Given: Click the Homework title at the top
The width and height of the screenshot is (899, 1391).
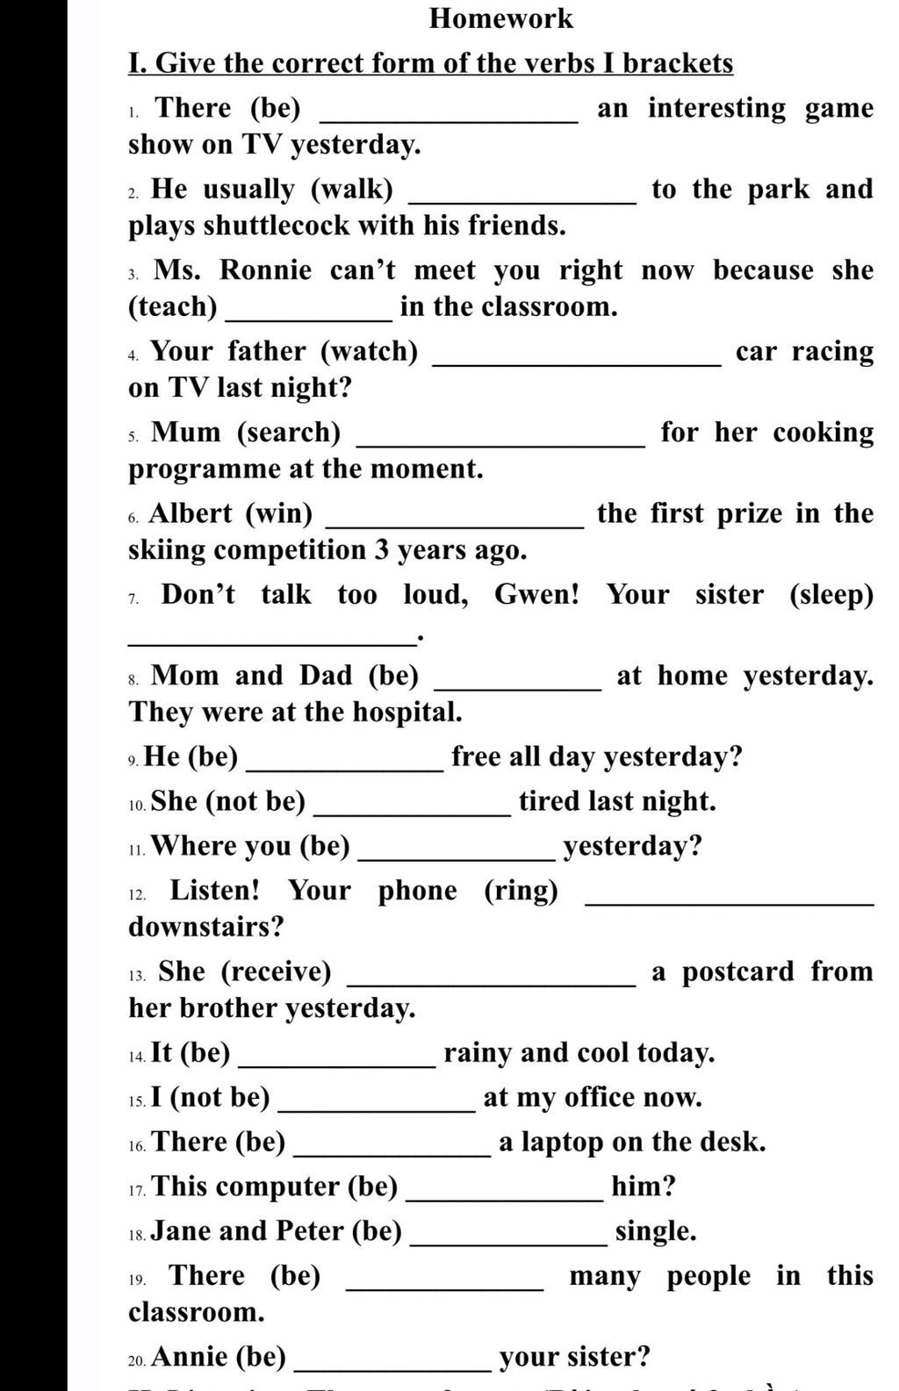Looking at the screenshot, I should pyautogui.click(x=500, y=18).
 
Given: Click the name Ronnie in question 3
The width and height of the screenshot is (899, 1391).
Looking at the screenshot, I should pyautogui.click(x=265, y=270).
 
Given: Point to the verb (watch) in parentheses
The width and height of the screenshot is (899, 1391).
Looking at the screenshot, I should pyautogui.click(x=370, y=351).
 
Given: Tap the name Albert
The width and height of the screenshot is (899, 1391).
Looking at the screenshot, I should pyautogui.click(x=191, y=513).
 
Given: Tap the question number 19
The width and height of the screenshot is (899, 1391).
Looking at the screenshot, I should pyautogui.click(x=137, y=1280).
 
